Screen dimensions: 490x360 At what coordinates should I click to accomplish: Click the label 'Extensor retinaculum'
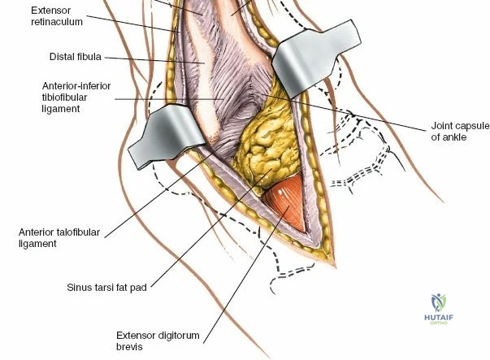click(x=57, y=16)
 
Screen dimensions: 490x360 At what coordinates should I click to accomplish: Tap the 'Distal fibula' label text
click(x=76, y=57)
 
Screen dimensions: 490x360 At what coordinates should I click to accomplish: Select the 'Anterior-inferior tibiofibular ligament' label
click(x=76, y=98)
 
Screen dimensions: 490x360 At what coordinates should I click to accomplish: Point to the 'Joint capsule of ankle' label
click(x=460, y=132)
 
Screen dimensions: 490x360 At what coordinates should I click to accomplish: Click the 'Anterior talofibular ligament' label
click(x=59, y=238)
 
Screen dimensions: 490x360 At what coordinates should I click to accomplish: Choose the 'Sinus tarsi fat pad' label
click(x=107, y=287)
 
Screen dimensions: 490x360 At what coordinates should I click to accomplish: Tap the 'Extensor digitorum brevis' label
click(x=158, y=341)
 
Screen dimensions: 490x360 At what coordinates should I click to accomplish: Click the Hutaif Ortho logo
click(x=439, y=309)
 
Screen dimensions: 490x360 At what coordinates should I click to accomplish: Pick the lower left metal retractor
click(x=166, y=135)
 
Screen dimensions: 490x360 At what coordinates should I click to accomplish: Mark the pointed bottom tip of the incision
click(x=335, y=267)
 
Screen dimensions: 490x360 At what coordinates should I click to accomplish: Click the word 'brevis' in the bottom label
click(x=129, y=346)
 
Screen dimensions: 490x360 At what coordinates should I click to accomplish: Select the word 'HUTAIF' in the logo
click(x=439, y=318)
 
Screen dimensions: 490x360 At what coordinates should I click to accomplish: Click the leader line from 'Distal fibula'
click(x=154, y=60)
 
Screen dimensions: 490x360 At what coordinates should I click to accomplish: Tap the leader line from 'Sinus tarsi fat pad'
click(x=211, y=228)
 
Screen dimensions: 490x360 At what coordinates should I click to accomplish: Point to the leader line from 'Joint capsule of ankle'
click(x=344, y=112)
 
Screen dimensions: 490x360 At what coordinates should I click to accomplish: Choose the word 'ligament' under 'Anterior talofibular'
click(x=37, y=244)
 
